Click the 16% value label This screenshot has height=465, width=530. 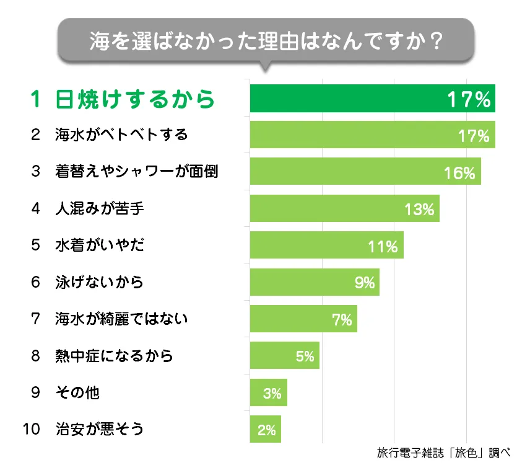coord(459,172)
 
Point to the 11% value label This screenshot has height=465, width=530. coord(382,246)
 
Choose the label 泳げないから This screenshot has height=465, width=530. coord(99,282)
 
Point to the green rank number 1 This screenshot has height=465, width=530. coord(36,99)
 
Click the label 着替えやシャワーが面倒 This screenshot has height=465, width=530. coord(136,172)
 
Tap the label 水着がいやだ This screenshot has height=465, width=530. coord(99,246)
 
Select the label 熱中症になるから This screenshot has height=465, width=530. coord(113,356)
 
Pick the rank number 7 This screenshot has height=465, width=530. coord(35,319)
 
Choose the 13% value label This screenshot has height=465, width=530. coord(419,209)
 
